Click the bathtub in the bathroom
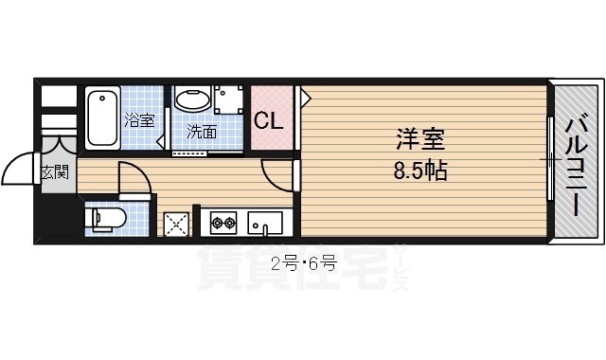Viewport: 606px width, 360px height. pos(102,118)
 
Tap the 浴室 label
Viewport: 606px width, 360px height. pos(139,120)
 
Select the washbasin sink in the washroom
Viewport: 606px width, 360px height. pos(192,101)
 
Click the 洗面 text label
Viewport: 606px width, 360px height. pos(201,132)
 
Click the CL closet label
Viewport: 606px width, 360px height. pos(268,121)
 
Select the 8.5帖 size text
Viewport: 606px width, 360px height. pos(419,171)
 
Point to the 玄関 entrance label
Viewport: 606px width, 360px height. pos(54,172)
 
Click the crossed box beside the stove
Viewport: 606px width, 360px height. pos(176,224)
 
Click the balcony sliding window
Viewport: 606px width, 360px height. pos(550,161)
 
